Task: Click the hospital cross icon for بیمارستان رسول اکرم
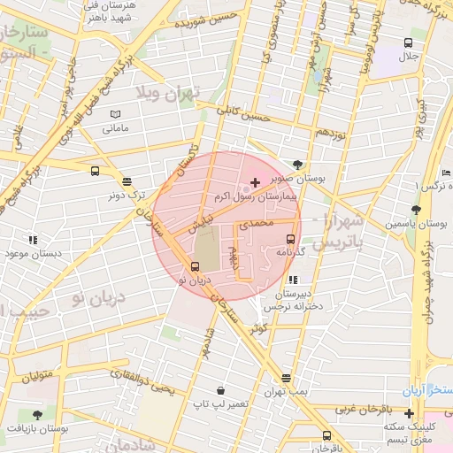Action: (256, 182)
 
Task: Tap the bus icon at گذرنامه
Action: (290, 238)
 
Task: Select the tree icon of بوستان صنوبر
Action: (297, 164)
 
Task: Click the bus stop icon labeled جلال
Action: (408, 42)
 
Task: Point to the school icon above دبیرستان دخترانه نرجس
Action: (294, 280)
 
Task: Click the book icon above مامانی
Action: (115, 114)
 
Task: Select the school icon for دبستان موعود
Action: (33, 239)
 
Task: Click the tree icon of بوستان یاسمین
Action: (416, 210)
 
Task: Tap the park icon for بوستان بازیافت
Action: (36, 414)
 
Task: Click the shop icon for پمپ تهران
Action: (287, 378)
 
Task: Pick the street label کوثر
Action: (258, 326)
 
